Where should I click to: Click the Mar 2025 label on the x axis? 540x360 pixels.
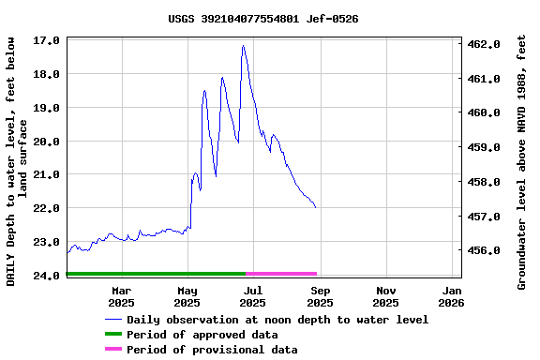pyautogui.click(x=121, y=296)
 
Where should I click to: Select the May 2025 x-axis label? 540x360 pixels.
pyautogui.click(x=187, y=296)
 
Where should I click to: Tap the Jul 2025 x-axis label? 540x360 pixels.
pyautogui.click(x=253, y=296)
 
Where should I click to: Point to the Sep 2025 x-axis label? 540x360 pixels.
pyautogui.click(x=320, y=296)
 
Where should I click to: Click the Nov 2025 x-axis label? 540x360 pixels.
pyautogui.click(x=385, y=296)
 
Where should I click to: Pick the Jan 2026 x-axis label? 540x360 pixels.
pyautogui.click(x=452, y=296)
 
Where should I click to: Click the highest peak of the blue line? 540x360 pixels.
pyautogui.click(x=243, y=45)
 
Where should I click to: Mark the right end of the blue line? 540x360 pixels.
pyautogui.click(x=316, y=207)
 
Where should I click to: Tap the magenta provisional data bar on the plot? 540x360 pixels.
pyautogui.click(x=281, y=274)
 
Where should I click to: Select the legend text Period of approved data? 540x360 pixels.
pyautogui.click(x=202, y=335)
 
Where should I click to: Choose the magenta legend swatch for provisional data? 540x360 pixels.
pyautogui.click(x=113, y=350)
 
